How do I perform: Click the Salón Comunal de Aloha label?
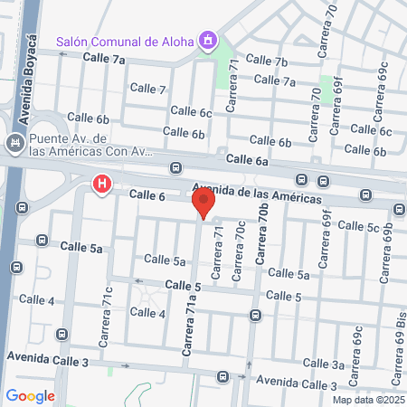click(x=126, y=41)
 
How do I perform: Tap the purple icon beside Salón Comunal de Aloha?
click(x=209, y=40)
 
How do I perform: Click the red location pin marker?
click(x=204, y=204)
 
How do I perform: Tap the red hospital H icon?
click(x=102, y=186)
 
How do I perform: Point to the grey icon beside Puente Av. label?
click(x=14, y=144)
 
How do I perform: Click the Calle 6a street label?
click(x=248, y=159)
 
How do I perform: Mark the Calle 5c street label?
click(x=360, y=227)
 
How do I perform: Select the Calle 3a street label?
click(x=350, y=364)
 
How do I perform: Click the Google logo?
click(x=30, y=395)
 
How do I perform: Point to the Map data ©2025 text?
click(x=367, y=400)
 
